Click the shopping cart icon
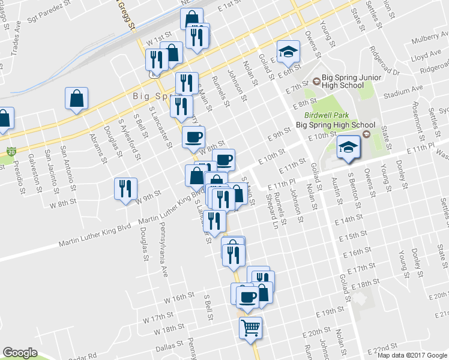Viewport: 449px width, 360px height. (x=250, y=328)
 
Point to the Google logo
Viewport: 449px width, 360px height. (x=20, y=353)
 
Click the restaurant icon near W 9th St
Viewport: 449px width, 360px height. (x=125, y=189)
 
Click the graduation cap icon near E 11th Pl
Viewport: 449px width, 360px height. (x=348, y=148)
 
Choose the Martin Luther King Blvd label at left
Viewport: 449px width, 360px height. (x=95, y=235)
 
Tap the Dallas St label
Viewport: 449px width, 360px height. (x=167, y=346)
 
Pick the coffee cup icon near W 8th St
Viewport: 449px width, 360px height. (x=193, y=137)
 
